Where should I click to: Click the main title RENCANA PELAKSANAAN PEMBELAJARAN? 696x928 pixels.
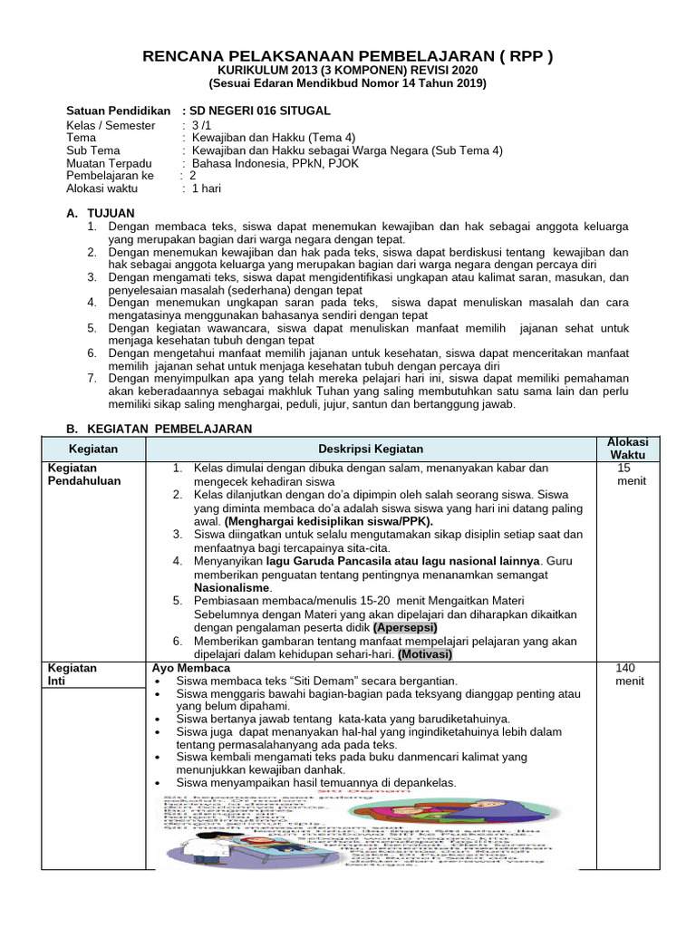(x=348, y=57)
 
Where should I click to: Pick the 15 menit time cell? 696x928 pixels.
(x=627, y=475)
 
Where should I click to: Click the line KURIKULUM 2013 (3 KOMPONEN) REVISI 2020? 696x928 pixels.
(x=348, y=72)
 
